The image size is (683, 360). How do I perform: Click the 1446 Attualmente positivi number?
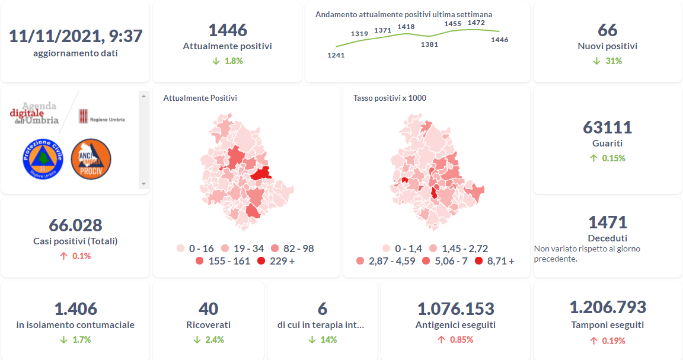pyautogui.click(x=228, y=30)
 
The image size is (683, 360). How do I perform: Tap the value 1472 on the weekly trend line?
pyautogui.click(x=476, y=23)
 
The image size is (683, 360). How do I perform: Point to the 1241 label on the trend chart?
pyautogui.click(x=336, y=55)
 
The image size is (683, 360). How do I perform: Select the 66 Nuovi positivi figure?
pyautogui.click(x=608, y=30)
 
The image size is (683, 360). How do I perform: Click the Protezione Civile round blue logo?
pyautogui.click(x=43, y=158)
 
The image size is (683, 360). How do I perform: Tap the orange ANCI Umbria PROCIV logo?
pyautogui.click(x=91, y=158)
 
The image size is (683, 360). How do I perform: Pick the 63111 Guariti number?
pyautogui.click(x=608, y=128)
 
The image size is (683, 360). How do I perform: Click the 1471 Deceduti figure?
pyautogui.click(x=608, y=222)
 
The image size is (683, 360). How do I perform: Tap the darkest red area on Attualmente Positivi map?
pyautogui.click(x=261, y=173)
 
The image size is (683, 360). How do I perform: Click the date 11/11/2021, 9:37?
pyautogui.click(x=75, y=36)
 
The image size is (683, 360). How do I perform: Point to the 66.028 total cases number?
pyautogui.click(x=75, y=225)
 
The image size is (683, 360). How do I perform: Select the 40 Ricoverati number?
pyautogui.click(x=209, y=309)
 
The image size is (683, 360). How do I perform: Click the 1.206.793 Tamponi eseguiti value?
pyautogui.click(x=608, y=307)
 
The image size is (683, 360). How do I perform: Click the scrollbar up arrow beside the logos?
pyautogui.click(x=143, y=95)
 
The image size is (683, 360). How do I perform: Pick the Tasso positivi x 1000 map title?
pyautogui.click(x=390, y=98)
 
